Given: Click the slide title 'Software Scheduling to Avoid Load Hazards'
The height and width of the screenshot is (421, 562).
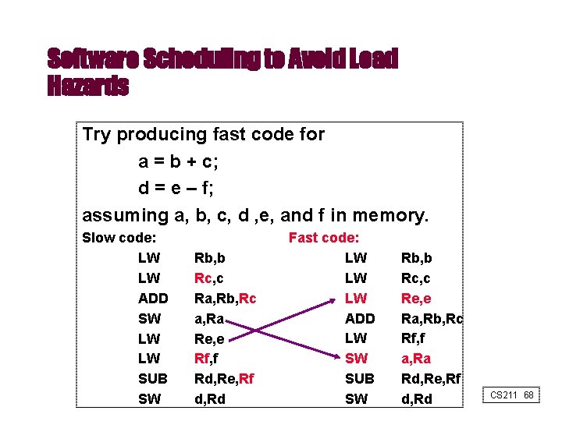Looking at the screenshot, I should tap(222, 72).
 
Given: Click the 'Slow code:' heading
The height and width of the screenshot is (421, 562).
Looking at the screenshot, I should tap(119, 238).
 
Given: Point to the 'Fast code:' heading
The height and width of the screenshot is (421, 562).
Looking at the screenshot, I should tap(324, 238).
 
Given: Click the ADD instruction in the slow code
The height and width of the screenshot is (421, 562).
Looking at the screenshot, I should tap(153, 298).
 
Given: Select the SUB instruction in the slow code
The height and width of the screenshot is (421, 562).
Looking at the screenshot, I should tap(153, 379).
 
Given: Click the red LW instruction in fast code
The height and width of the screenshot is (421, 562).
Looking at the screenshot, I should tap(355, 298).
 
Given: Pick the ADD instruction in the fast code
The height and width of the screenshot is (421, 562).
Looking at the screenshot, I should tap(360, 318).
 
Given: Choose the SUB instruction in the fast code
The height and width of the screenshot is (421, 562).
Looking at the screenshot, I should tap(360, 379).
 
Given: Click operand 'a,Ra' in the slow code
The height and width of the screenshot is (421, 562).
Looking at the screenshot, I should tap(210, 318).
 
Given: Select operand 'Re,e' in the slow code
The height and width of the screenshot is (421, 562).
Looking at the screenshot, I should tap(210, 338).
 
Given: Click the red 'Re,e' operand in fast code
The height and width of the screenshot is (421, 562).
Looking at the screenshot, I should tap(416, 298).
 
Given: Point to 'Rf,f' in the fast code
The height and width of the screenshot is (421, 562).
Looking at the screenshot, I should tap(413, 338).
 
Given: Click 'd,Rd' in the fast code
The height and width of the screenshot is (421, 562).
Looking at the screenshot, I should tap(417, 399).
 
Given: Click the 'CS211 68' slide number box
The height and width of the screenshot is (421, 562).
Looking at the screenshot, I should tap(512, 395).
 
